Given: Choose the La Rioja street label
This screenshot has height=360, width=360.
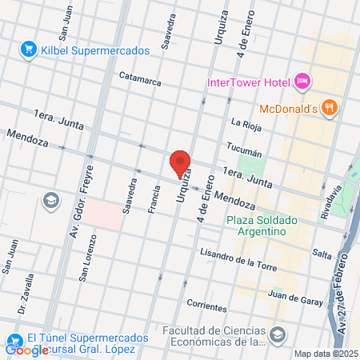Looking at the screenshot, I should click(246, 123).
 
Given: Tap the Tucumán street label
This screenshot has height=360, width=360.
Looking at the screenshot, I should click(245, 151).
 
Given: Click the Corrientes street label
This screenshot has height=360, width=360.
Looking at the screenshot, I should click(206, 304).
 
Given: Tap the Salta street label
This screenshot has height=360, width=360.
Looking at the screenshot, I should click(322, 254).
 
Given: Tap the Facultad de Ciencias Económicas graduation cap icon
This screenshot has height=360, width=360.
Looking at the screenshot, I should click(278, 333).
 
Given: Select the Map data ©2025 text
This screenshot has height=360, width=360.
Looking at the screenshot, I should click(325, 354).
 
